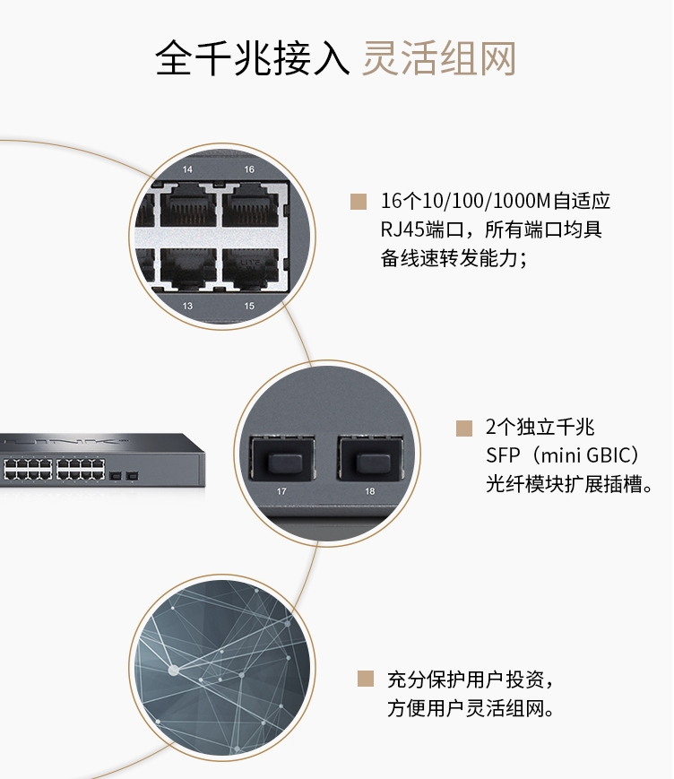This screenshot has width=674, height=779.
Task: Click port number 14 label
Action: [x=187, y=169]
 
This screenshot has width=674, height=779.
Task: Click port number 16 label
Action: [x=249, y=169]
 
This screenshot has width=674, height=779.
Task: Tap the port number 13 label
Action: [x=187, y=306]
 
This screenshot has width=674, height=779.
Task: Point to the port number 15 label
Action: [x=249, y=306]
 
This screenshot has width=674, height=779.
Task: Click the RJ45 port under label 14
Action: [x=187, y=205]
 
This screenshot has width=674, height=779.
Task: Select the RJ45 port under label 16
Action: [x=250, y=205]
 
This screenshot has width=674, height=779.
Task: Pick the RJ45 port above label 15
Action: [x=250, y=268]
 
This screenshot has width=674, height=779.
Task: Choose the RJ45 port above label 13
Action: [x=187, y=268]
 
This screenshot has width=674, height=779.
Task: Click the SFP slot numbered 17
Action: [x=281, y=459]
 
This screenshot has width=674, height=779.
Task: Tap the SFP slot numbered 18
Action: [x=370, y=459]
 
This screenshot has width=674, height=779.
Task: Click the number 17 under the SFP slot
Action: [x=281, y=491]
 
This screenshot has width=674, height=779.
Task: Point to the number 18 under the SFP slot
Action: [x=370, y=491]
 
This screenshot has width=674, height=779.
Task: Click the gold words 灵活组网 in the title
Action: [x=439, y=59]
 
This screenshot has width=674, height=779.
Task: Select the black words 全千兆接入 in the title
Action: [x=253, y=59]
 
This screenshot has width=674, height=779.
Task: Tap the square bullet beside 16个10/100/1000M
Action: [x=359, y=201]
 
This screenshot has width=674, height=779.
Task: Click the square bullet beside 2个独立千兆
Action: [x=464, y=428]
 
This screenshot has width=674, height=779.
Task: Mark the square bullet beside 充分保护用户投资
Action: [x=366, y=679]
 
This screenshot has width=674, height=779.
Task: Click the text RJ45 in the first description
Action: [x=402, y=229]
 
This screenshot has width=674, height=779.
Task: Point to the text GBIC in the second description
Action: [x=608, y=455]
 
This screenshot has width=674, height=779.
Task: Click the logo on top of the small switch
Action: [x=65, y=441]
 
